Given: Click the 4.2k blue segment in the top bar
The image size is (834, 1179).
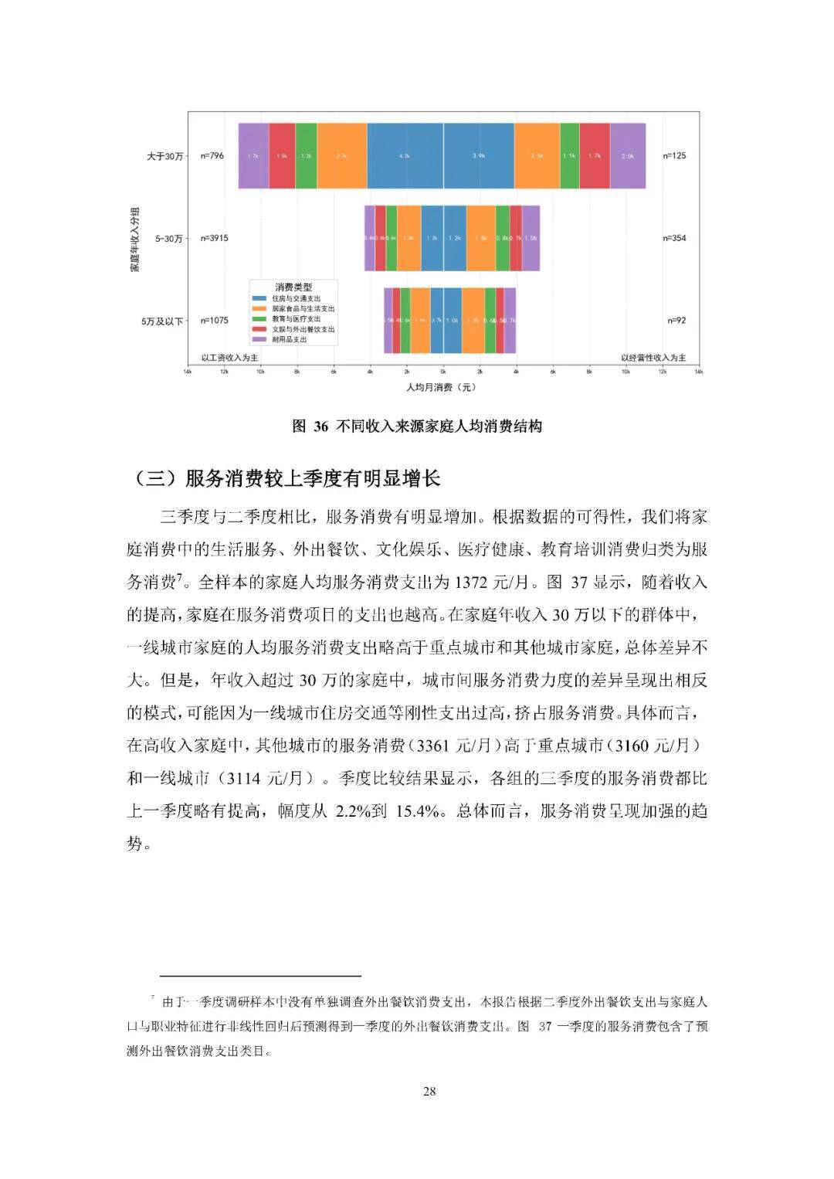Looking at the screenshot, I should [405, 156].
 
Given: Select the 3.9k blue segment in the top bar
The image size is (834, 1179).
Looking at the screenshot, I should [479, 156].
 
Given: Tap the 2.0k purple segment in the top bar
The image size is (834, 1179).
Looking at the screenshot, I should [628, 156].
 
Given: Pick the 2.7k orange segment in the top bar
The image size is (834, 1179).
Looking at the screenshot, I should [341, 156].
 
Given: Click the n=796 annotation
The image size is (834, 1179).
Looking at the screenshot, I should [212, 156].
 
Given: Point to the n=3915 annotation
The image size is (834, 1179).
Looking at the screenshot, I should [215, 238].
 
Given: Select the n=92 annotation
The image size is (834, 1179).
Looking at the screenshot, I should [676, 320].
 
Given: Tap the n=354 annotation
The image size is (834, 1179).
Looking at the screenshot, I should [674, 238].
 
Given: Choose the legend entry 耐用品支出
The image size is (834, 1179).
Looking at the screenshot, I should [290, 339].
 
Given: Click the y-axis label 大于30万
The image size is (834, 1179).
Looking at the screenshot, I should [165, 157].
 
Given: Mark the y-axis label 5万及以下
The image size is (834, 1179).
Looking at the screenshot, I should [162, 321].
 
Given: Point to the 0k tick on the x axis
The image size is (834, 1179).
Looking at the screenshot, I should [443, 372].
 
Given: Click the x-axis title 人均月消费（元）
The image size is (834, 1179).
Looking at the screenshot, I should [442, 386].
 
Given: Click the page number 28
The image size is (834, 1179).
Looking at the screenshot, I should [430, 1091].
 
